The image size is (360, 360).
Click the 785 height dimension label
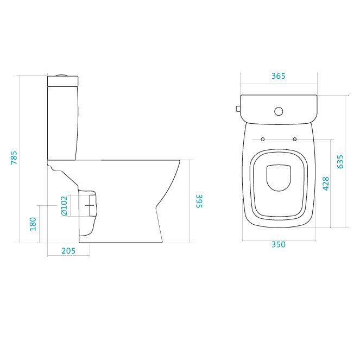[14, 157]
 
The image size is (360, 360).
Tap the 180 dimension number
[33, 224]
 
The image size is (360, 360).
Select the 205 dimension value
[68, 251]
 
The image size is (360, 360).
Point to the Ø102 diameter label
[64, 206]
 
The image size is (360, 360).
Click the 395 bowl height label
[199, 201]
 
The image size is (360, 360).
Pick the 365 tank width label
[278, 76]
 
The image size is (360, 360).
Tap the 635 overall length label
[340, 162]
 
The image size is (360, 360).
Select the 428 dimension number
[326, 184]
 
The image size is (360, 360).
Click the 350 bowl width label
[279, 244]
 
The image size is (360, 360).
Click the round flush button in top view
[279, 111]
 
